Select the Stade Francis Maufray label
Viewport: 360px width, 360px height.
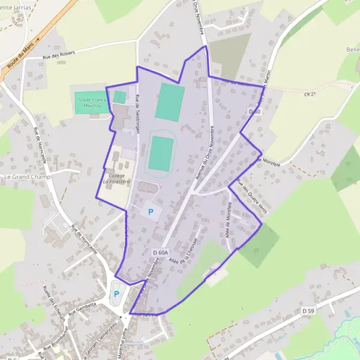coord(91,103)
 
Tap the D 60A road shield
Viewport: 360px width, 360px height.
coord(161,253)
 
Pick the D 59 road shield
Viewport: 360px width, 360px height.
coord(307,310)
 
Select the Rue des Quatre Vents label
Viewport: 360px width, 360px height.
coord(252,196)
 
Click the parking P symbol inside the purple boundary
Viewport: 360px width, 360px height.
coord(151,212)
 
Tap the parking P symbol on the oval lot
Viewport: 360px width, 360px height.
coord(116,294)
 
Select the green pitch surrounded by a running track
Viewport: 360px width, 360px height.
coord(161,153)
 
